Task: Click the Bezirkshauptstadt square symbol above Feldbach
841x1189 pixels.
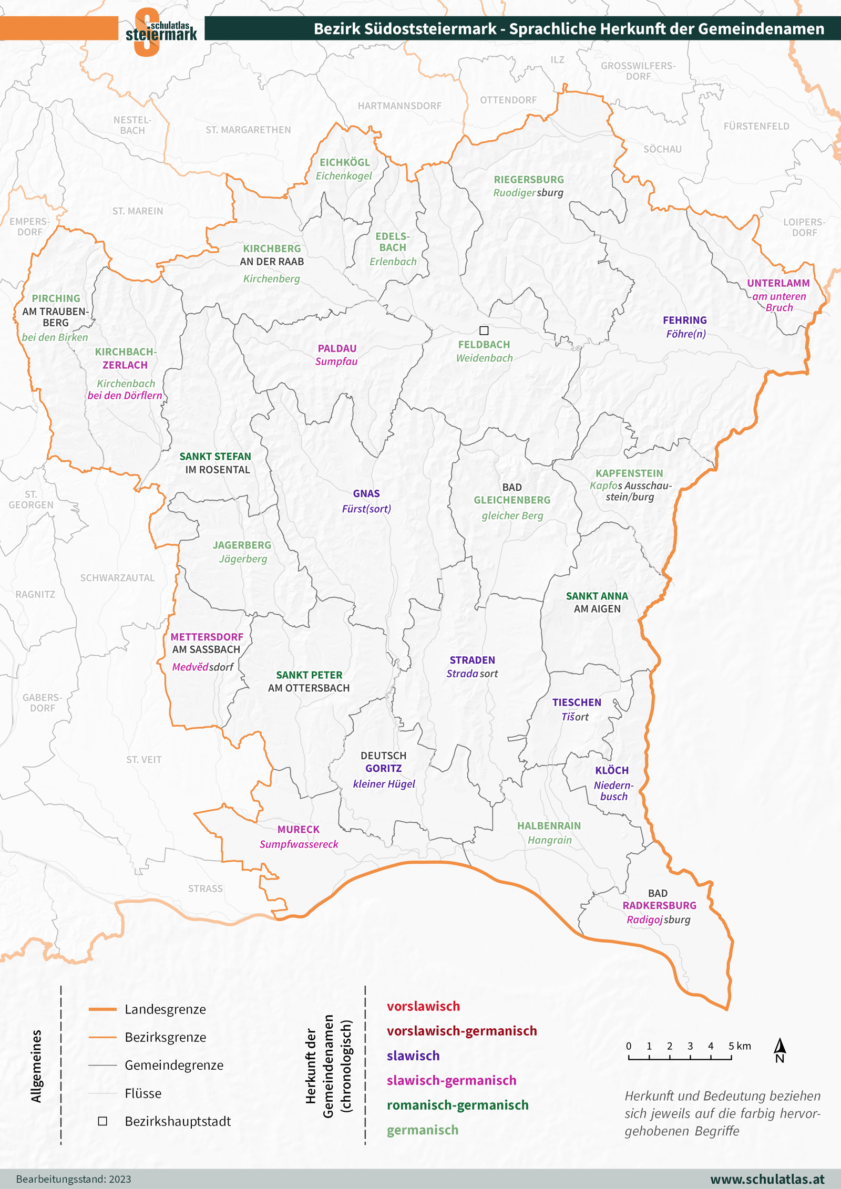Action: [484, 330]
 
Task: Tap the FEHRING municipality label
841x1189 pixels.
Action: [684, 320]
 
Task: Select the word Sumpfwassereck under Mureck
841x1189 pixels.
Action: [299, 844]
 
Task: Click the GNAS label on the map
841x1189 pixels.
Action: [366, 493]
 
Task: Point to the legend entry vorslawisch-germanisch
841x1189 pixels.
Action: [461, 1030]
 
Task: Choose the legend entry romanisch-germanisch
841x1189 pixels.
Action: [457, 1104]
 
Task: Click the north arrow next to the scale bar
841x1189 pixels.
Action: [780, 1050]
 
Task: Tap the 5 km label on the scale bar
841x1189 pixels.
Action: [740, 1046]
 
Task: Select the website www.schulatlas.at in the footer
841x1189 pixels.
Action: [767, 1179]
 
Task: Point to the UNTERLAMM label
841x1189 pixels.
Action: [778, 283]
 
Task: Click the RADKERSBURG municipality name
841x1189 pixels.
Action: [659, 905]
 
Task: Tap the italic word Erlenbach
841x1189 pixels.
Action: [393, 261]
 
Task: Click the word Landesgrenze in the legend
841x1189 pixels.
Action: [165, 1009]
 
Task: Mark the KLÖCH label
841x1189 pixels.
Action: [611, 770]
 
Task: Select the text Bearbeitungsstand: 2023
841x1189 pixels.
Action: [74, 1179]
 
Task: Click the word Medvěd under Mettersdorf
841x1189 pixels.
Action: [190, 667]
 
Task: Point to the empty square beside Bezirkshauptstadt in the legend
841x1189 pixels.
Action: [102, 1121]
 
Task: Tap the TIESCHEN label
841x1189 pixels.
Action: [576, 702]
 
